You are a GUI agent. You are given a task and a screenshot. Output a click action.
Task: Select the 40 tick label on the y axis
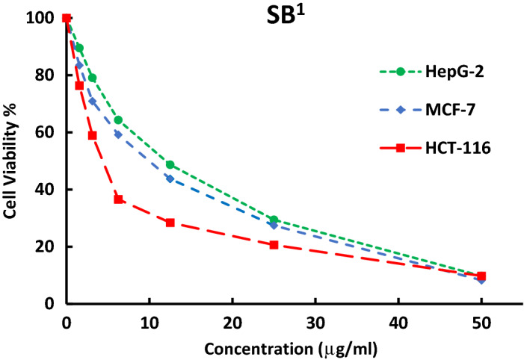point(48,190)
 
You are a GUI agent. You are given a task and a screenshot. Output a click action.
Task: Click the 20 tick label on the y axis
point(48,247)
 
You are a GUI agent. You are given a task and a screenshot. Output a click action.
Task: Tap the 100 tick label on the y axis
point(44,18)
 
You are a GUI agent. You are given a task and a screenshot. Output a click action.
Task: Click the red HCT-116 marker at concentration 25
point(274,245)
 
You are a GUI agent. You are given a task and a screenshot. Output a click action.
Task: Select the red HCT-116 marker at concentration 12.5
point(170,223)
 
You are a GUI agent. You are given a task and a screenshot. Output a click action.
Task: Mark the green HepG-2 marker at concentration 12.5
point(170,164)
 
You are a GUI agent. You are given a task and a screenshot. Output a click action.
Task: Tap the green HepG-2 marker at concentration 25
point(274,220)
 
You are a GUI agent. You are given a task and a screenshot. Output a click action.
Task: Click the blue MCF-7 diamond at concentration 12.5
point(170,179)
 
